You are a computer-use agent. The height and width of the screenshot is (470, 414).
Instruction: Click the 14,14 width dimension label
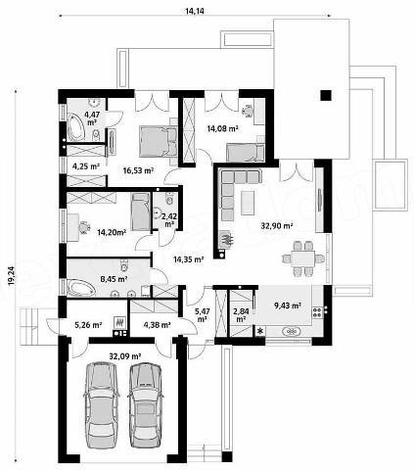coord(195,12)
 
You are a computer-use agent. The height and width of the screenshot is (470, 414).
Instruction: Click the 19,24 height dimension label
coord(12,276)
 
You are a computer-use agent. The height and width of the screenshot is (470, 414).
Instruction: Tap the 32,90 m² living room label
coord(277,225)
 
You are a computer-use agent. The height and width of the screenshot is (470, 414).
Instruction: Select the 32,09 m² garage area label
coord(125,356)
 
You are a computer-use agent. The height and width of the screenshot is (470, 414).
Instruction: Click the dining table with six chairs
coord(303,258)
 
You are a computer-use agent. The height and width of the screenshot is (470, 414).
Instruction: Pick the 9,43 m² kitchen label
coord(288,305)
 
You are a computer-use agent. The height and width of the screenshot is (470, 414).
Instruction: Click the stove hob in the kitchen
coord(317,311)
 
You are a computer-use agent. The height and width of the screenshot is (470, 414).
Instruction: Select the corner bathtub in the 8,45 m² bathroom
coord(80,288)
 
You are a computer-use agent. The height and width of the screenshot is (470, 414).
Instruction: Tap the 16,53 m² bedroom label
coord(139,170)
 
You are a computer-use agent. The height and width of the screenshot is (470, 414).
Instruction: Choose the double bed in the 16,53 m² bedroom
coord(159,141)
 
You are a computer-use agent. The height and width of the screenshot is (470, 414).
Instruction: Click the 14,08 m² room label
coord(222,129)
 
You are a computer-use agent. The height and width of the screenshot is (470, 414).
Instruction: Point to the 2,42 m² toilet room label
coord(168,219)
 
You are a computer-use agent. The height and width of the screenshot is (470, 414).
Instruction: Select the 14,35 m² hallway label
coord(189,259)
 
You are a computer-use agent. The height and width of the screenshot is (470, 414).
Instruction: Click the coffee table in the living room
coord(248,203)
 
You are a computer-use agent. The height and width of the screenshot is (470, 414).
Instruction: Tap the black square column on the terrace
coord(326,95)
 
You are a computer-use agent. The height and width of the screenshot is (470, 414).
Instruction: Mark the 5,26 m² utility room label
coord(88,325)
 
